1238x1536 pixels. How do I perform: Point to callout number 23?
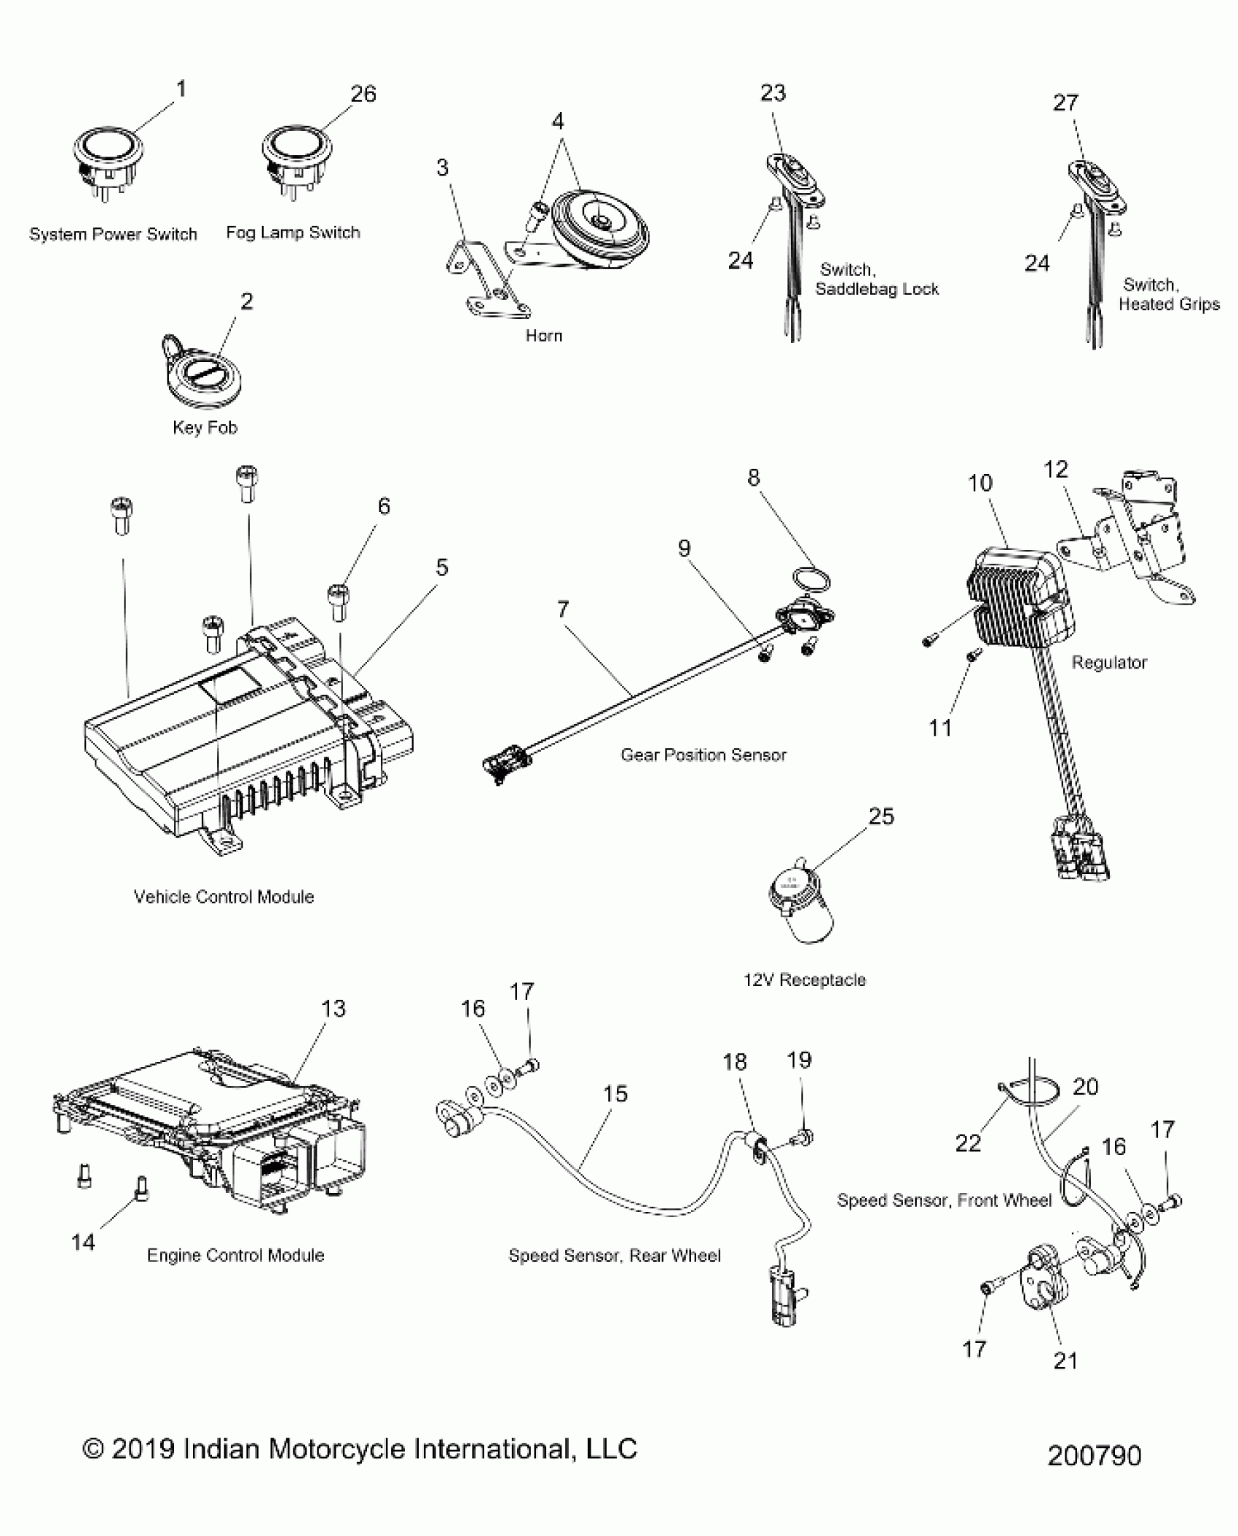pos(773,93)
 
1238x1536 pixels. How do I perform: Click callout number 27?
pos(1065,103)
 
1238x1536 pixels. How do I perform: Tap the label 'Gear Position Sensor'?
pos(703,755)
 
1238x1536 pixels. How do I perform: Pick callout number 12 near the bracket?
pos(1055,469)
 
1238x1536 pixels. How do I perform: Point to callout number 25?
pos(880,816)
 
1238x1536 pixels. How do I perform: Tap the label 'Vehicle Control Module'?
pos(224,897)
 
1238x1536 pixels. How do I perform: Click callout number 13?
pos(333,1009)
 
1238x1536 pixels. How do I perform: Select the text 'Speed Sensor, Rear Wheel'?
pos(614,1255)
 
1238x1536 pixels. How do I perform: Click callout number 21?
pos(1065,1360)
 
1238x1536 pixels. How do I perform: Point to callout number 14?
pos(83,1242)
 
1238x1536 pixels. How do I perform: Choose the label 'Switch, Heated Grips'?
pos(1167,294)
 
